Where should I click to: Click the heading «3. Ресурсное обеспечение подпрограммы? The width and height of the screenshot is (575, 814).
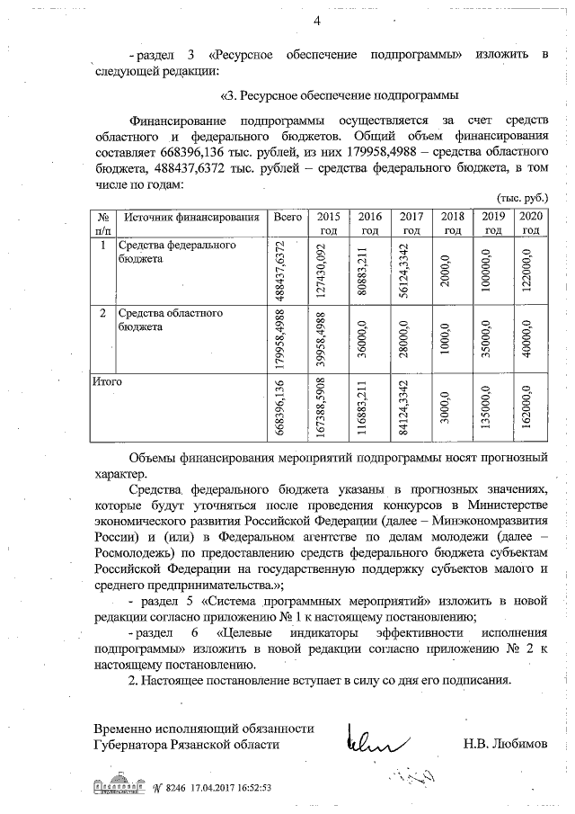[x=341, y=94]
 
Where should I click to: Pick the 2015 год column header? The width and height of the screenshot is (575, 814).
[x=329, y=223]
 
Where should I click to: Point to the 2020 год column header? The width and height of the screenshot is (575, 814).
[x=531, y=223]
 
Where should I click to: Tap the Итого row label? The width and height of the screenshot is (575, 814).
[x=108, y=382]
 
